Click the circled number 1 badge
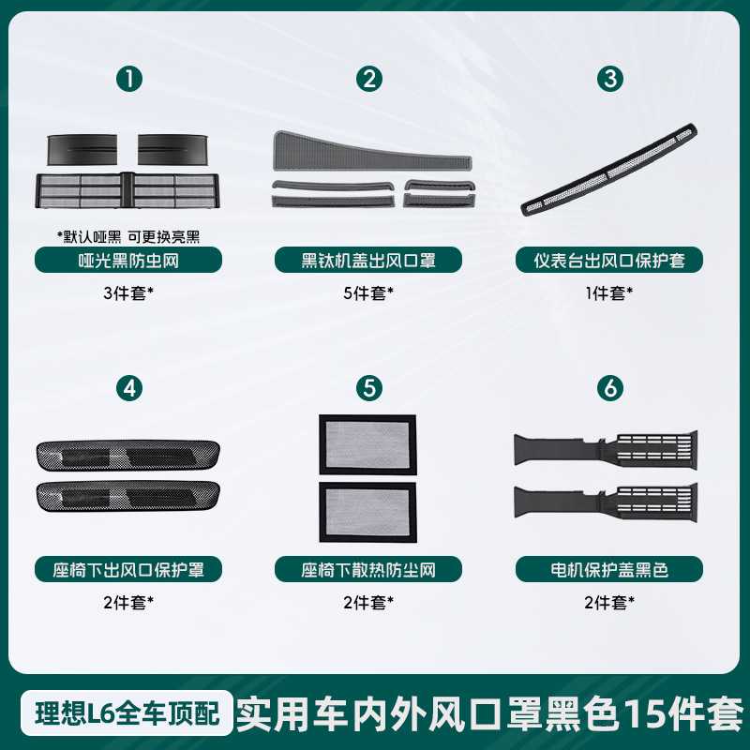coord(130,79)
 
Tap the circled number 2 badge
coord(370,79)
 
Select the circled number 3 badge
coord(611,79)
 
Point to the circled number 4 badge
coord(130,387)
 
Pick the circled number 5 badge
coord(370,387)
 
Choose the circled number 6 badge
coord(611,387)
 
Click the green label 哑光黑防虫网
coord(129,260)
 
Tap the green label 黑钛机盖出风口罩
coord(369,260)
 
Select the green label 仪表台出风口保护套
coord(610,260)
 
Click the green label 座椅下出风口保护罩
coord(129,568)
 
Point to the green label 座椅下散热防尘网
coord(369,568)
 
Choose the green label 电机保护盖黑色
coord(610,568)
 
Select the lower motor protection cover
coord(606,499)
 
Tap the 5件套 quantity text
coord(368,292)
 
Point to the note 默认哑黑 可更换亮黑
coord(128,235)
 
